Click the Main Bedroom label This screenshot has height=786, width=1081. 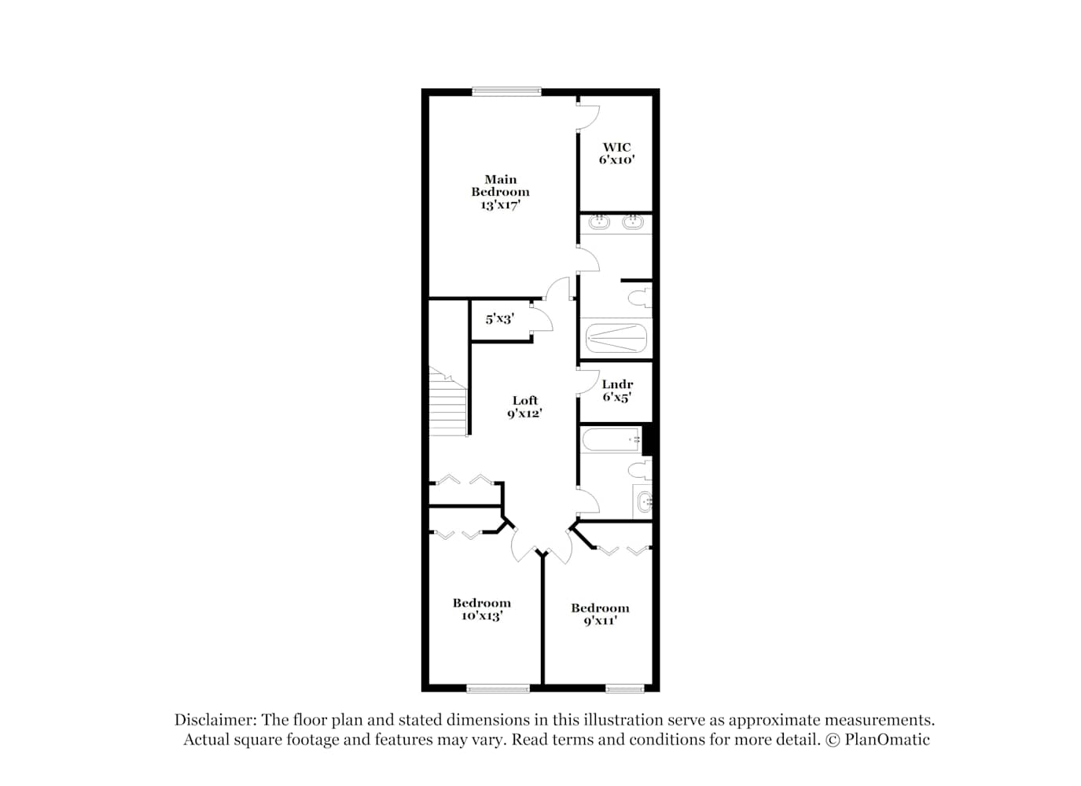[x=500, y=192]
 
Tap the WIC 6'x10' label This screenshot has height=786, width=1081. [x=616, y=153]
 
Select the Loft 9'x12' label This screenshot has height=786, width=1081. [x=524, y=406]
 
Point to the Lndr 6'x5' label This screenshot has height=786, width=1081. [x=617, y=391]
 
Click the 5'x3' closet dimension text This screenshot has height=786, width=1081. [x=499, y=318]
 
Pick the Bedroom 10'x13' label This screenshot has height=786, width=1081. [x=482, y=609]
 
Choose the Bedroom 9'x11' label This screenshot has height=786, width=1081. [x=600, y=614]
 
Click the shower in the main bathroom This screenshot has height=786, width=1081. [x=616, y=338]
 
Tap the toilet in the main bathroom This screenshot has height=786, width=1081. [x=640, y=296]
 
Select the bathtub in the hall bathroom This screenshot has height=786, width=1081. [x=612, y=439]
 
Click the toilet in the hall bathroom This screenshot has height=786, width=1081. [x=640, y=469]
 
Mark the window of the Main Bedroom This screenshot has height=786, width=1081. [x=506, y=92]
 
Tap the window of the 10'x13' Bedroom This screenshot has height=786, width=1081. [x=498, y=689]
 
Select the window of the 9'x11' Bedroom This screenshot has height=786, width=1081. [x=624, y=689]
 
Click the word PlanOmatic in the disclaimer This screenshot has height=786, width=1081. [x=887, y=739]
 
